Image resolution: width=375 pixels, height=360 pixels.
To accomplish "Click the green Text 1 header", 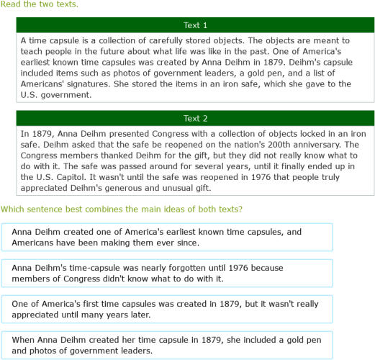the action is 195,25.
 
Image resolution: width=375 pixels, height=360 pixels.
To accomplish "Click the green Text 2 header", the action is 195,118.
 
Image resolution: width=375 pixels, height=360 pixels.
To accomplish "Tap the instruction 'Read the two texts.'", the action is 40,4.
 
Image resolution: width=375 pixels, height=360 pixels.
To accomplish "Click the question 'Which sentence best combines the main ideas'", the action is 122,210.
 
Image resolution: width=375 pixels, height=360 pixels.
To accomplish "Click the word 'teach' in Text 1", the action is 33,52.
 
